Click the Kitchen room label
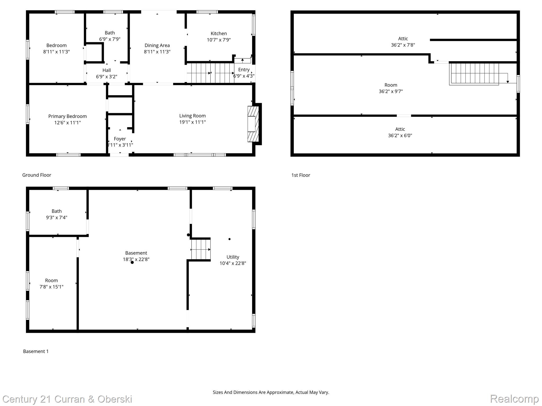point(219,34)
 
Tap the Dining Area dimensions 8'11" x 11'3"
point(157,52)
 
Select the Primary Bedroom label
point(67,116)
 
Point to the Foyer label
point(120,139)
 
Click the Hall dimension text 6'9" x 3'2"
point(106,77)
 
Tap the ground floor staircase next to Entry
point(210,73)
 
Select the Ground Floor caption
point(37,175)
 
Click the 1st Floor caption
point(301,175)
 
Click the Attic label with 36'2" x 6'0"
point(400,129)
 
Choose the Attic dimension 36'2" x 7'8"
point(403,45)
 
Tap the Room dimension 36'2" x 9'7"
point(391,91)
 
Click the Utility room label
point(233,257)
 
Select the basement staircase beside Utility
point(201,249)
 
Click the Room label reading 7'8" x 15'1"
point(51,280)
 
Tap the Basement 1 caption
point(36,351)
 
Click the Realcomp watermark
point(514,399)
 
